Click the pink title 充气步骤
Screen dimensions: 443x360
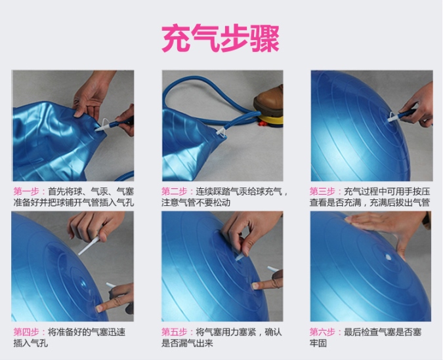click(x=221, y=38)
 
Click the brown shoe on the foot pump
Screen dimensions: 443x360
click(x=269, y=99)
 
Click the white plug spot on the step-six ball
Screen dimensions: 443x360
click(x=388, y=257)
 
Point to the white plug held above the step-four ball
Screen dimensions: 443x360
click(x=89, y=246)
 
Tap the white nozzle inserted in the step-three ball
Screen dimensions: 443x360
click(x=393, y=118)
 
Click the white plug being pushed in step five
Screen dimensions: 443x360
click(x=239, y=257)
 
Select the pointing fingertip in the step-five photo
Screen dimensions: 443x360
click(x=255, y=286)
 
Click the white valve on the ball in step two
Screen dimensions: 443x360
click(x=221, y=132)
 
